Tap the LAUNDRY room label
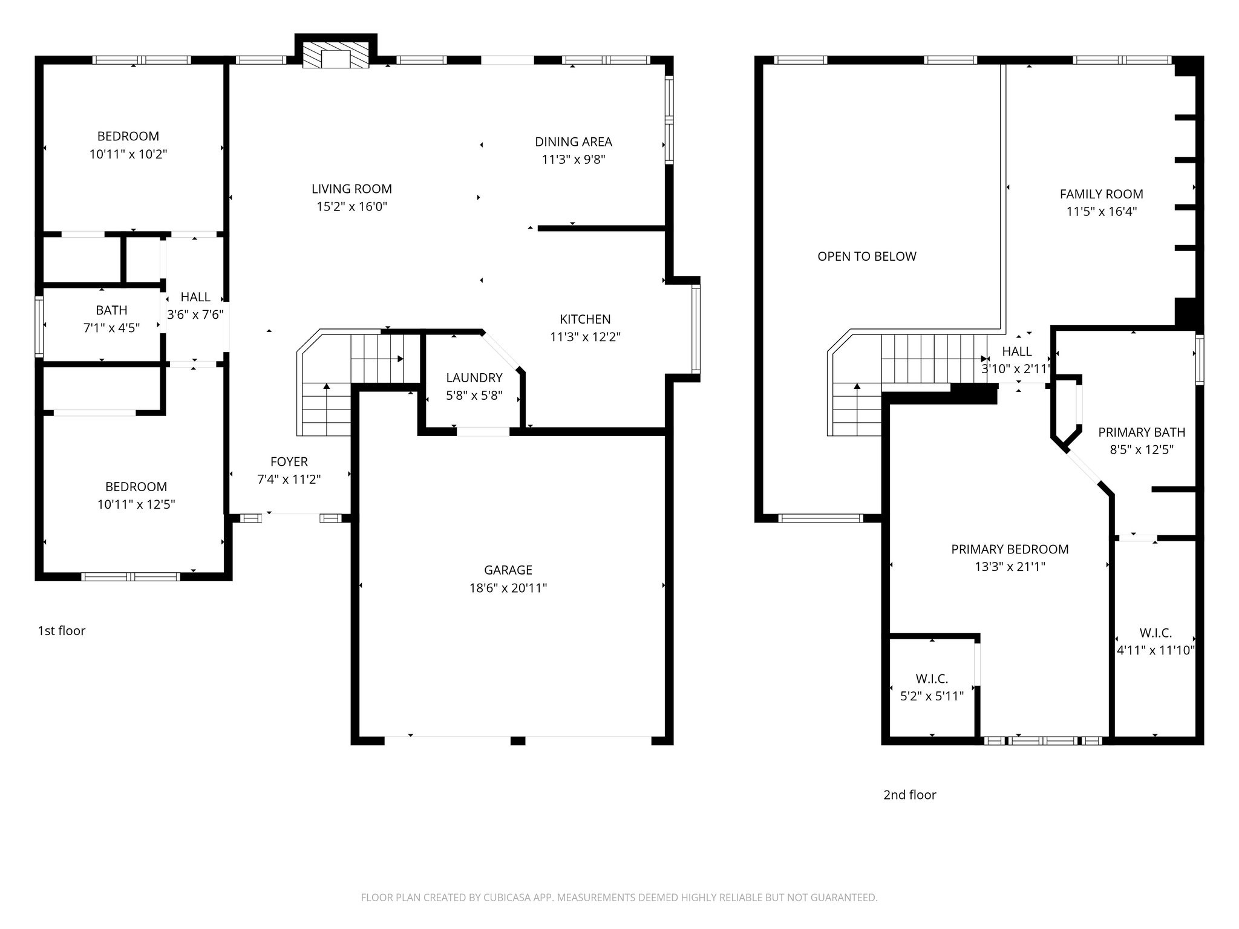click(474, 378)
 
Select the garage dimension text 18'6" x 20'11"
click(508, 588)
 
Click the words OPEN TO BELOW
click(866, 256)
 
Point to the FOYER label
click(289, 462)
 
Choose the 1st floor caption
click(61, 631)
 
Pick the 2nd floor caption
click(909, 795)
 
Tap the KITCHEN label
click(584, 319)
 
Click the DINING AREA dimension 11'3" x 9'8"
click(573, 160)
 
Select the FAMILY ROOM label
click(1101, 194)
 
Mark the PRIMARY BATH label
click(1141, 432)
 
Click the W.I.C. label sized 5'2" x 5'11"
click(931, 679)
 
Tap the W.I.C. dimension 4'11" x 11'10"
click(1155, 651)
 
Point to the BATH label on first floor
click(111, 310)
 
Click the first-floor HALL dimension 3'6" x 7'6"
click(195, 315)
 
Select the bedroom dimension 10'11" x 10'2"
click(128, 154)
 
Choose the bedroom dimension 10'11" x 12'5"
click(136, 504)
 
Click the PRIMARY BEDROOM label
click(1009, 549)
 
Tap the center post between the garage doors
click(517, 740)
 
